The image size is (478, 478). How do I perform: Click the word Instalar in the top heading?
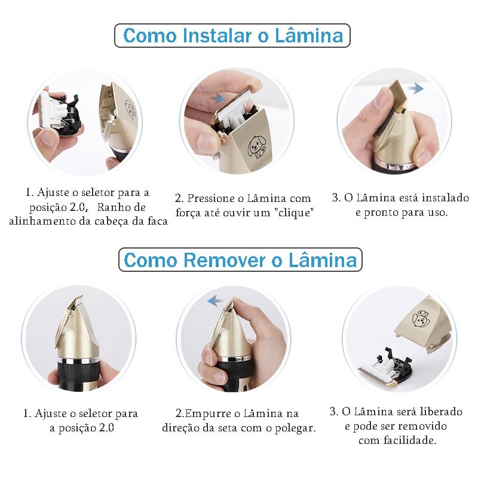pyautogui.click(x=217, y=35)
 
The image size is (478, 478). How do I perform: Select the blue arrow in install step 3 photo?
pyautogui.click(x=415, y=88)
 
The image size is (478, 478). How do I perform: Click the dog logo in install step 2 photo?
pyautogui.click(x=257, y=146)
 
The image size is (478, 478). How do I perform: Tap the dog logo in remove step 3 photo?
pyautogui.click(x=421, y=320)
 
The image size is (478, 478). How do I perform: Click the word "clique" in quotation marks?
pyautogui.click(x=294, y=212)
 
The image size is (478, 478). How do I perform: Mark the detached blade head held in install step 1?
pyautogui.click(x=59, y=114)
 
